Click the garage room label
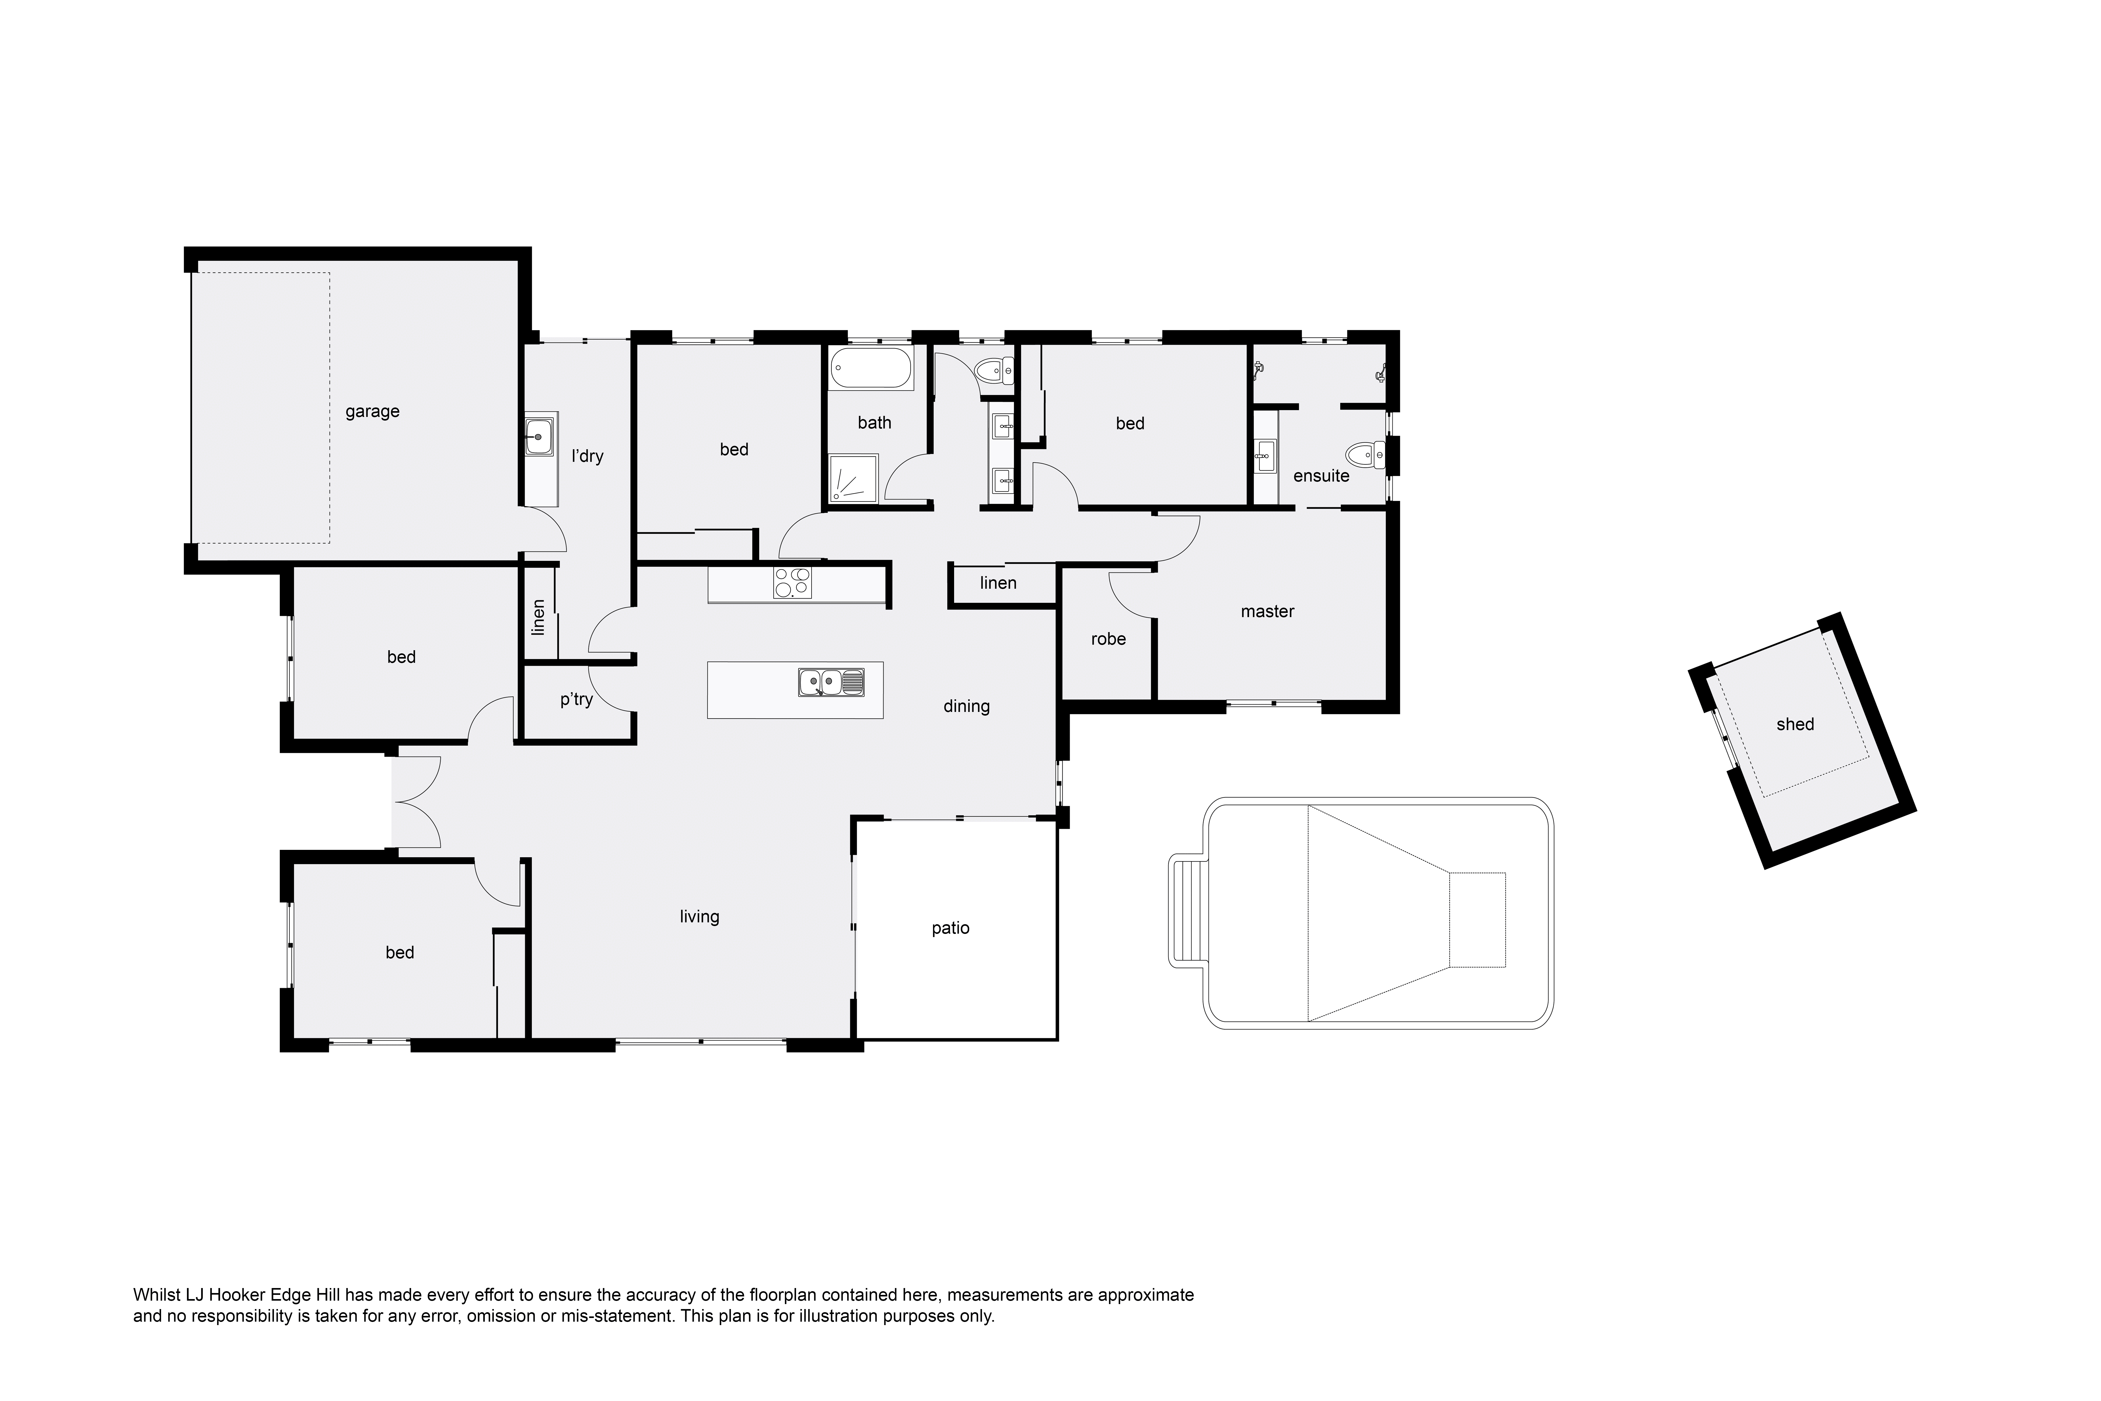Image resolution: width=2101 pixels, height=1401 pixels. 372,412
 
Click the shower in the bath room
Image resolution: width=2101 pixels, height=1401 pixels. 853,478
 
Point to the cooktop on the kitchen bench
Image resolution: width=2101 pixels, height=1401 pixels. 792,583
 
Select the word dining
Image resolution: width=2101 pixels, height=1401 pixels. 966,707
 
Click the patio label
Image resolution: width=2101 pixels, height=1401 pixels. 950,928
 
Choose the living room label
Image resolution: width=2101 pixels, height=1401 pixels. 699,917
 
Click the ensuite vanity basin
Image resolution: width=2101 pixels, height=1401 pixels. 1265,457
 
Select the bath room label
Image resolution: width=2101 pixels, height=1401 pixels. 875,423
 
